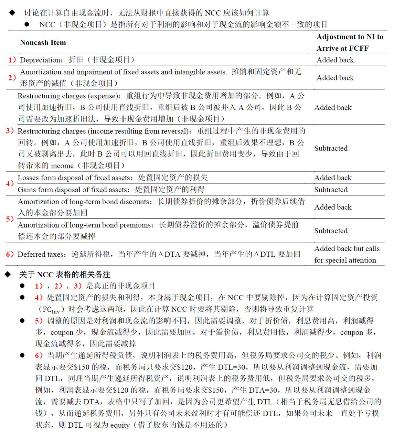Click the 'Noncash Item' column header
click(x=43, y=43)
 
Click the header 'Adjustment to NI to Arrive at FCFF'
click(x=349, y=42)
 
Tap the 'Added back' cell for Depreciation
click(x=335, y=60)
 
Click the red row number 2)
click(x=12, y=78)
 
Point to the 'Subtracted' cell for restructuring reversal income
click(x=331, y=148)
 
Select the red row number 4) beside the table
click(x=10, y=184)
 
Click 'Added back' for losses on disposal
click(x=333, y=178)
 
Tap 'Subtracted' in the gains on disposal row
click(x=331, y=190)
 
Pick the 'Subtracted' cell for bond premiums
click(x=331, y=231)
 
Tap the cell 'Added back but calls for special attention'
click(x=346, y=254)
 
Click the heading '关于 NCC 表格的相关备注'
click(x=65, y=275)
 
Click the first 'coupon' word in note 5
click(x=62, y=333)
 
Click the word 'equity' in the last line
click(x=120, y=425)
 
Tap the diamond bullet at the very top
click(x=12, y=13)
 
